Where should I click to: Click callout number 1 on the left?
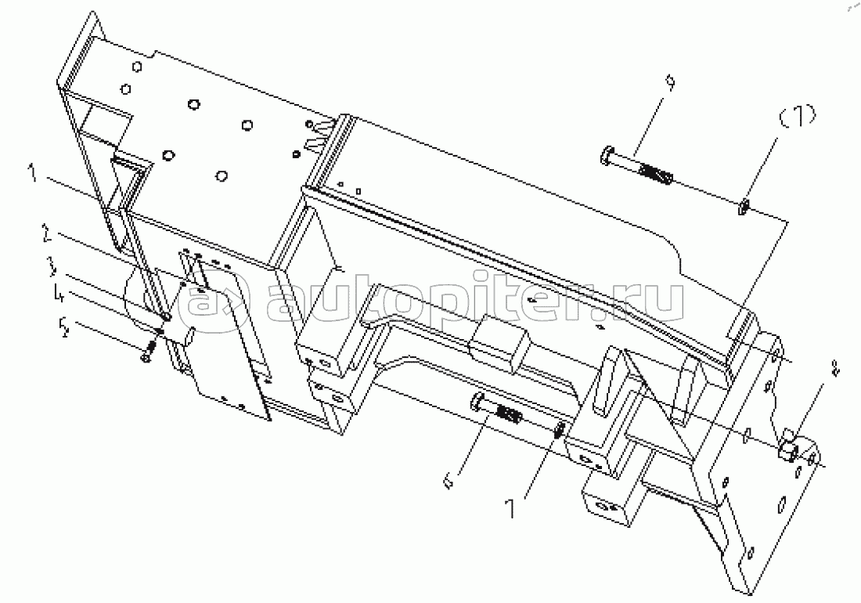coord(34,174)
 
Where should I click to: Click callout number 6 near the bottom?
coord(449,482)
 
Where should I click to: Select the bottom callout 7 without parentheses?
coord(511,508)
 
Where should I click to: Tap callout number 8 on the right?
coord(835,369)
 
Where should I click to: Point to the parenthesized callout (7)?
coord(798,117)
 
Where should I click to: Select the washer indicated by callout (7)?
coord(743,208)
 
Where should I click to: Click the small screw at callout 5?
coord(149,350)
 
